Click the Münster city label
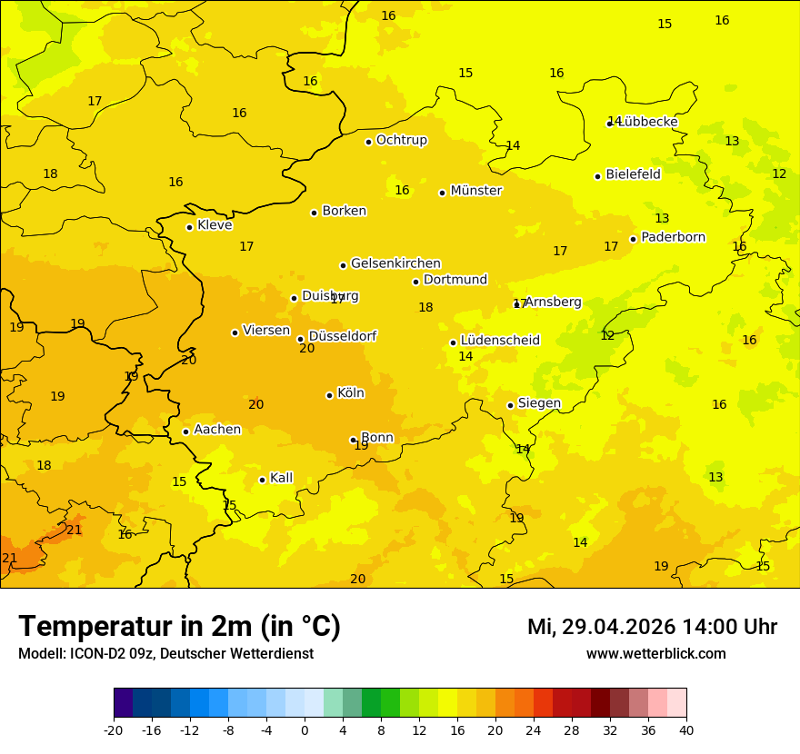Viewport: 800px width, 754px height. (x=475, y=191)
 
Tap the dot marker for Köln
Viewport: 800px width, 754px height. (x=329, y=395)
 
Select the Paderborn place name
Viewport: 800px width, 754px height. (x=673, y=237)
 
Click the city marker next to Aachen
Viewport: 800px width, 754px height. (x=185, y=432)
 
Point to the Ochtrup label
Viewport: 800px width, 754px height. (x=401, y=140)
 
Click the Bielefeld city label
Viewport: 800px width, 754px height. (x=633, y=174)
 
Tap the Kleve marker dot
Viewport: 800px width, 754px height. (x=189, y=227)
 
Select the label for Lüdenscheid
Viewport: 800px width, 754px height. (x=500, y=341)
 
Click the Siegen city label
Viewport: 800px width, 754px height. (x=539, y=403)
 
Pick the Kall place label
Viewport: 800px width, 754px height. (x=281, y=478)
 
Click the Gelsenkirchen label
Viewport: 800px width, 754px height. (x=395, y=263)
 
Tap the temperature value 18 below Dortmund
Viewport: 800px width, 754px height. (x=425, y=308)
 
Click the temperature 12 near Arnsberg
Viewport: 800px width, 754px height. (x=607, y=336)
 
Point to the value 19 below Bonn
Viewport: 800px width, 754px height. (x=361, y=446)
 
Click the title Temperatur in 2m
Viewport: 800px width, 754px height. (x=179, y=626)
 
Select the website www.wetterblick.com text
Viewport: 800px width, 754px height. (x=655, y=653)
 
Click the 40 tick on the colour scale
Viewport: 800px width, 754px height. (x=685, y=729)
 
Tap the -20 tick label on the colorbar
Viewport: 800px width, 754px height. (x=113, y=729)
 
